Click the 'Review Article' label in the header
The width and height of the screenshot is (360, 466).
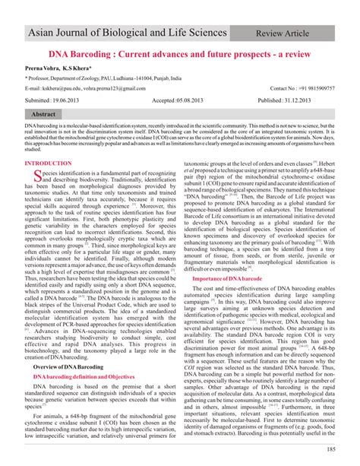[x=302, y=34]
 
